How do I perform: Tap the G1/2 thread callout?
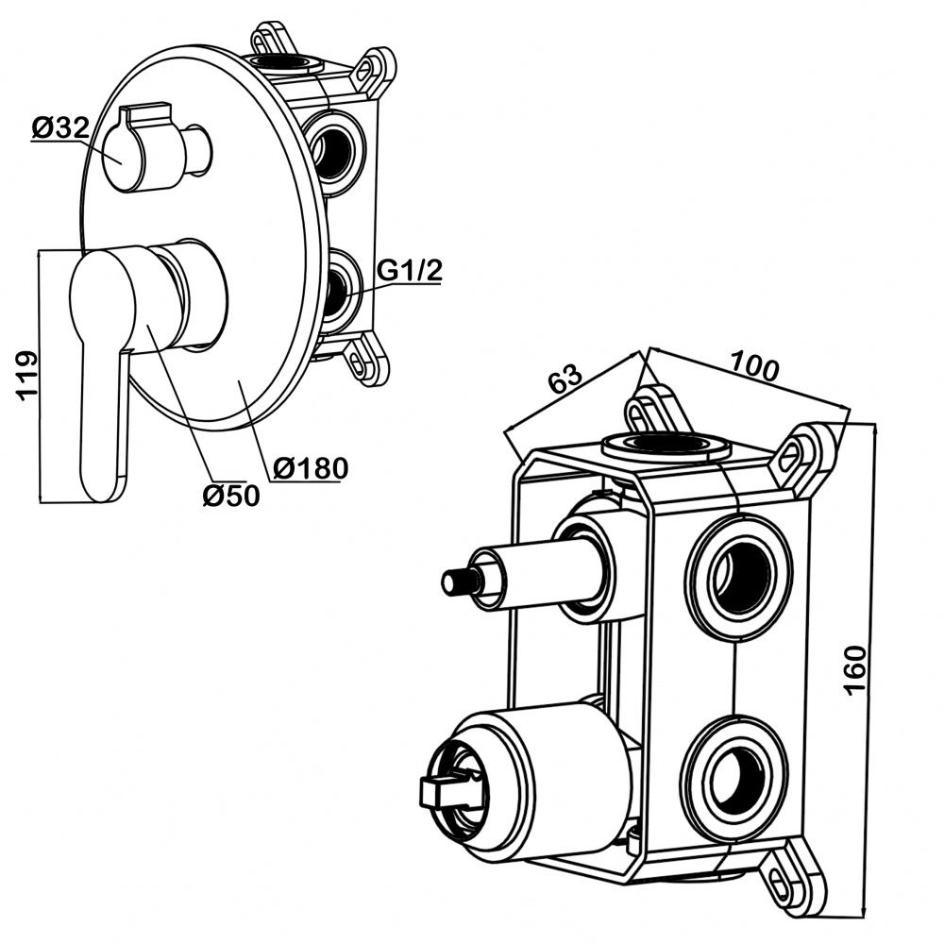click(410, 271)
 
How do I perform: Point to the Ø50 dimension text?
click(230, 494)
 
